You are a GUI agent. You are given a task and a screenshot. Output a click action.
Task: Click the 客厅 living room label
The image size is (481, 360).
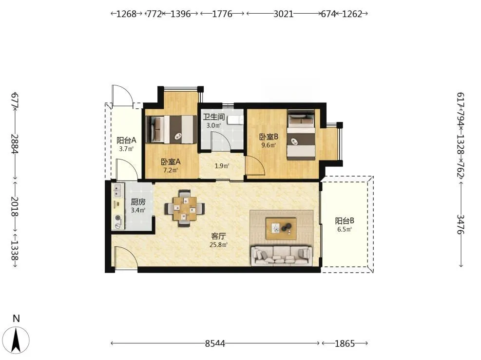pos(218,236)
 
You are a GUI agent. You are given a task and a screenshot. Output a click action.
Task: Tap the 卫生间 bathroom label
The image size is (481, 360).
pos(214,117)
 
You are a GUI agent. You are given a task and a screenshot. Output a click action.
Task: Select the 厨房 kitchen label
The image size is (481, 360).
pos(138,202)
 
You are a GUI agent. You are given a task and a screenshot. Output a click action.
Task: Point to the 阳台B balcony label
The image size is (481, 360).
pos(345,220)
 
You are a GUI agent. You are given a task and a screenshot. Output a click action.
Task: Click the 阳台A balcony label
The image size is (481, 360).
pos(126,140)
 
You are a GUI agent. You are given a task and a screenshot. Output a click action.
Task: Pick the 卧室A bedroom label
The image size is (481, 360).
pos(171,161)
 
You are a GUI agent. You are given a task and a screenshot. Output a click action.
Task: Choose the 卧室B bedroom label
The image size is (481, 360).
pos(269,137)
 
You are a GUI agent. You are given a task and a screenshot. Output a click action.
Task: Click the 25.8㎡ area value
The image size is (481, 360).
pos(218,245)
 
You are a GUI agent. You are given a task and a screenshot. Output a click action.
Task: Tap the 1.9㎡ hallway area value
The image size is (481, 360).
pos(222,166)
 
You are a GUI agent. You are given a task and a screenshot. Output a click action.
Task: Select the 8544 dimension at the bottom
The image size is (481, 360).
pos(215,343)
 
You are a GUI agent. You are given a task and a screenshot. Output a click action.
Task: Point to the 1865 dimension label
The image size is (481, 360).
pos(345,343)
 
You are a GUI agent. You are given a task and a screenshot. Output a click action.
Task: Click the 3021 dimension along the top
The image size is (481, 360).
pos(284,14)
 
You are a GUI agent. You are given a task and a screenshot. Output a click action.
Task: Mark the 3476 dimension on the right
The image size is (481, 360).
pos(461,224)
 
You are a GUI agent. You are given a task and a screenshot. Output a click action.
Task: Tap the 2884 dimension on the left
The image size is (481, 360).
pos(15,144)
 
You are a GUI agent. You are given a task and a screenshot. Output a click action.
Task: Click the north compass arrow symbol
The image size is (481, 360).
pos(16,340)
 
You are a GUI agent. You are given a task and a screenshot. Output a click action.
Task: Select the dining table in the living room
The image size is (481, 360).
pos(185,209)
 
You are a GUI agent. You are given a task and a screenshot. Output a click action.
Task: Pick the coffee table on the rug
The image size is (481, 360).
pos(281,228)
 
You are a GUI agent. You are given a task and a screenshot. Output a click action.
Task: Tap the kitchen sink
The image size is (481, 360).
pos(118,190)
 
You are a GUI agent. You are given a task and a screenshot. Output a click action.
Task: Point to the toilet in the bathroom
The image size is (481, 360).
pos(235,120)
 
